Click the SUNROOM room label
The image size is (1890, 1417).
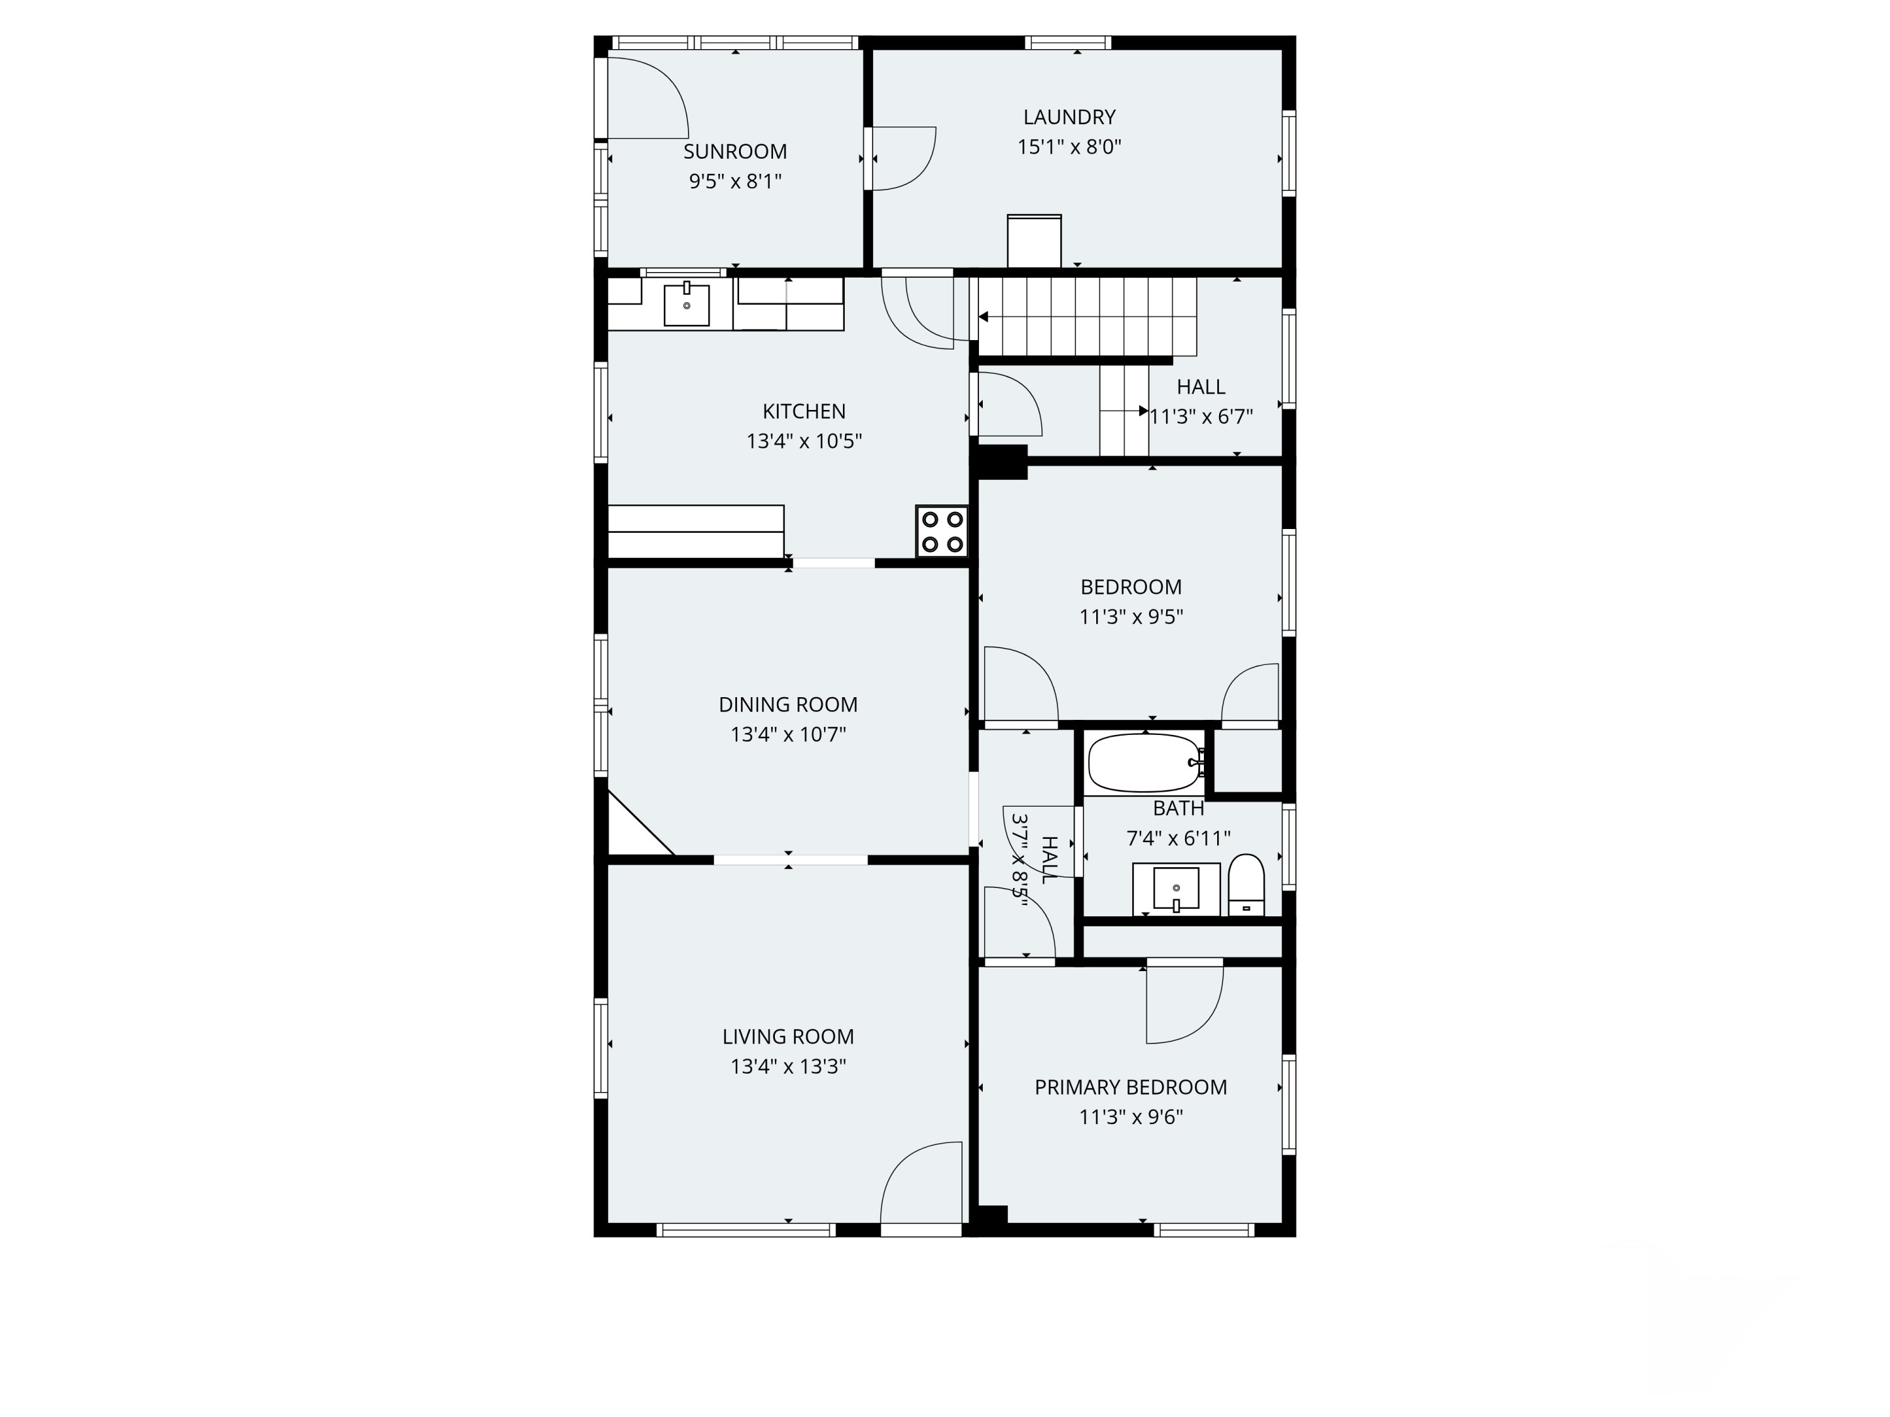[735, 152]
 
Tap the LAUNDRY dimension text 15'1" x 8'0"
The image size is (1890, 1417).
[1069, 147]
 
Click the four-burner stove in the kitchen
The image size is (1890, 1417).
[942, 532]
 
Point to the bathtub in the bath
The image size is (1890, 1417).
[1144, 762]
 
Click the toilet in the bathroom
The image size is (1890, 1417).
[1246, 885]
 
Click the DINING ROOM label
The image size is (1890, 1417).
[787, 705]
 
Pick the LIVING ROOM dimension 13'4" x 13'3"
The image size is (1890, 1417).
[787, 1067]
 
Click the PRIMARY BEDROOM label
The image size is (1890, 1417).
[1130, 1087]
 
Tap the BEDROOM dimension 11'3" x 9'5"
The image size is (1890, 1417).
[1130, 617]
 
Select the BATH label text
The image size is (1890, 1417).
[1178, 808]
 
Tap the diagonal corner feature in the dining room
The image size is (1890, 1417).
[641, 822]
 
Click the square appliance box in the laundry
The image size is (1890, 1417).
[1034, 241]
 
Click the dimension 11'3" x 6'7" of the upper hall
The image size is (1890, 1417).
[1201, 417]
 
